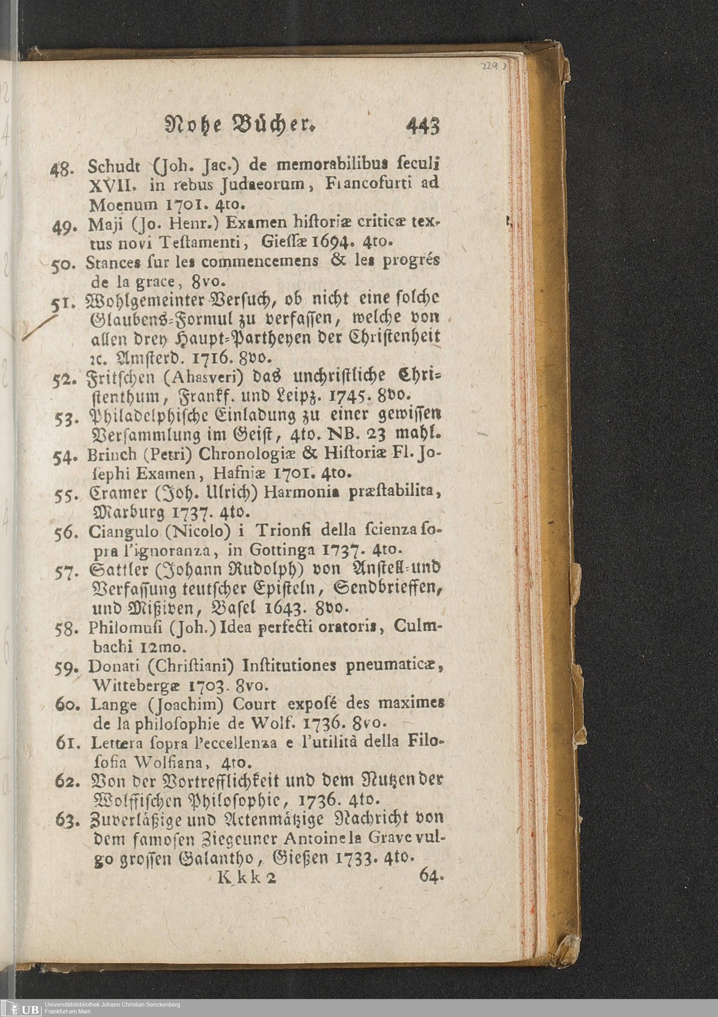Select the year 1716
214,356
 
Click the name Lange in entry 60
112,705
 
